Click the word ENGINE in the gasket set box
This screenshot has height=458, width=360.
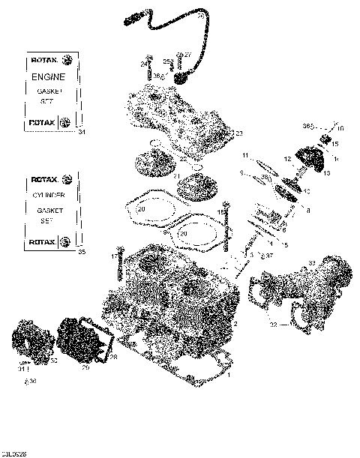point(47,77)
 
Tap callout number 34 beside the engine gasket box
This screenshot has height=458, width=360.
point(82,133)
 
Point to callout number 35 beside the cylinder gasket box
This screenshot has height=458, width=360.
point(82,252)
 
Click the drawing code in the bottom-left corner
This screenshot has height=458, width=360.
point(14,452)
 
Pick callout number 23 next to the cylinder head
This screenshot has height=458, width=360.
point(239,133)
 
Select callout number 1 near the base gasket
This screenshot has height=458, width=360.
point(228,374)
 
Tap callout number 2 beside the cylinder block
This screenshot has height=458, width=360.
point(235,325)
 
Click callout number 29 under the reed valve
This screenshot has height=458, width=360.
point(85,368)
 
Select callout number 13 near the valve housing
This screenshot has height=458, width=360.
point(326,172)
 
